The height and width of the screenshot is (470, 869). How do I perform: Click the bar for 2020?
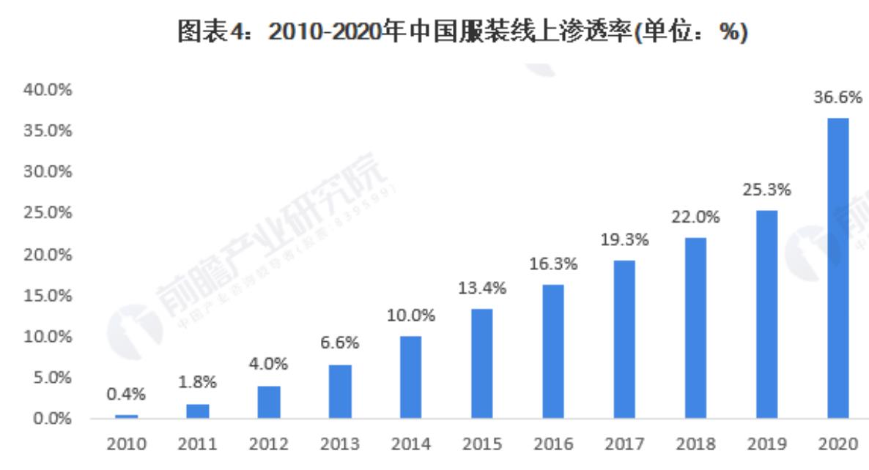pos(837,268)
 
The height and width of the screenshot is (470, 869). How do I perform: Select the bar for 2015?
pos(481,363)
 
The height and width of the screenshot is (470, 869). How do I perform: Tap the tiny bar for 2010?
pos(126,417)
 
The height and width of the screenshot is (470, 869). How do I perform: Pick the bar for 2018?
pos(695,328)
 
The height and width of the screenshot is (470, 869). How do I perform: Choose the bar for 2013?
pos(340,391)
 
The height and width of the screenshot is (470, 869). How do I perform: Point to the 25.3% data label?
pos(766,190)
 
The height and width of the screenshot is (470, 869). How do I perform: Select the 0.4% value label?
pos(126,395)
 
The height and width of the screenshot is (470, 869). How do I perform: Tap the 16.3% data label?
pos(553,264)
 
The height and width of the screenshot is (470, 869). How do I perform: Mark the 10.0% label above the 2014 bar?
pos(411,316)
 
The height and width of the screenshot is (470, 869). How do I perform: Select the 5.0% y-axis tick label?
pos(51,378)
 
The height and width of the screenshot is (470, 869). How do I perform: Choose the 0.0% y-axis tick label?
pos(51,419)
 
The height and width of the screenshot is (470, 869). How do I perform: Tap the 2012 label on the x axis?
pos(269,444)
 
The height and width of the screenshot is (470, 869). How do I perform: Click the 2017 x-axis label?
pos(624,444)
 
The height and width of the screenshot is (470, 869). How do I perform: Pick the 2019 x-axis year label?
pos(766,444)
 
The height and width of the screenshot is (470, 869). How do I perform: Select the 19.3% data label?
pos(624,239)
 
